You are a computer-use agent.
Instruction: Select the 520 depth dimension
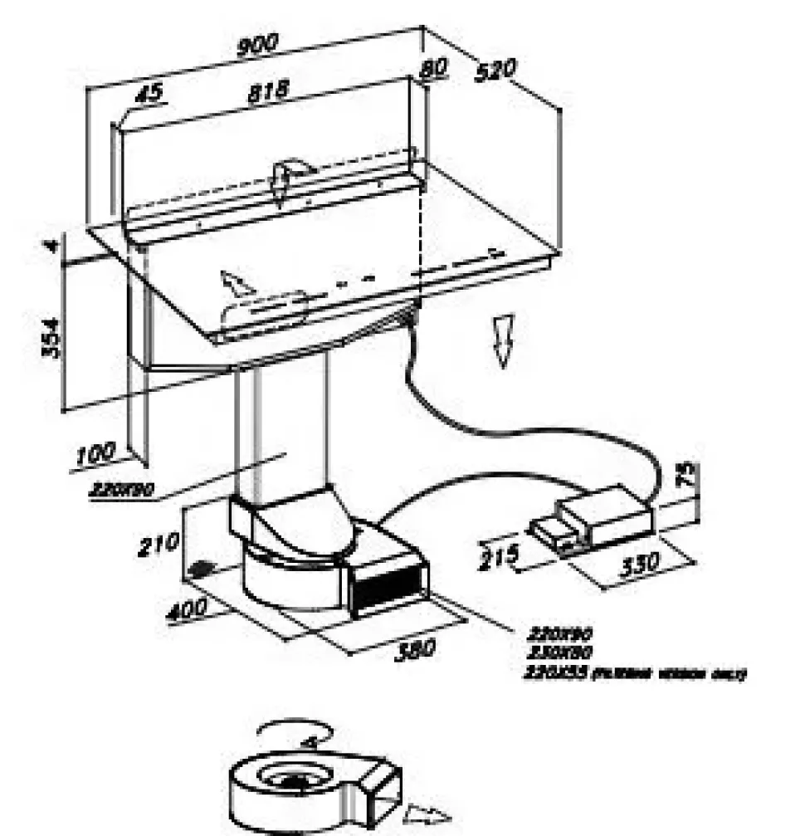click(496, 70)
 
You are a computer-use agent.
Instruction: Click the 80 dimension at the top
click(433, 71)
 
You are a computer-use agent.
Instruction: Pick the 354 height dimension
click(52, 336)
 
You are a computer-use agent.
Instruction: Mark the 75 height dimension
click(686, 477)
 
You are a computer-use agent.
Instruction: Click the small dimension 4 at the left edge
click(52, 247)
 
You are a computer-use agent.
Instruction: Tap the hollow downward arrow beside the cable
click(503, 340)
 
